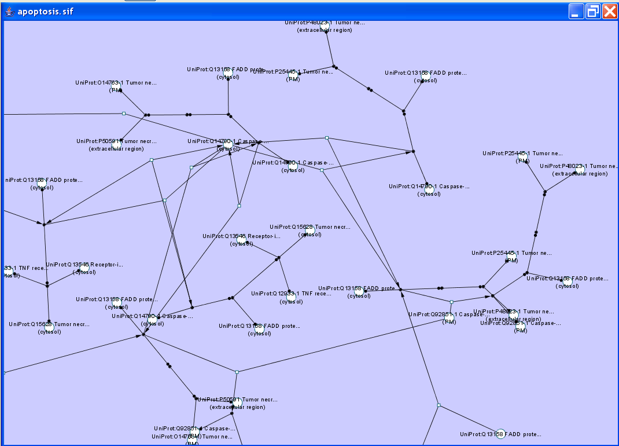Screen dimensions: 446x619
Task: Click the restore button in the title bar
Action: click(x=593, y=12)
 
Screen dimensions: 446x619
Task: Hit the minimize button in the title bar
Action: click(x=576, y=12)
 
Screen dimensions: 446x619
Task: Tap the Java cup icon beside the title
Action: click(x=9, y=11)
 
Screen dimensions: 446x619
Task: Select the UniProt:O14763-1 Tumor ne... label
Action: click(x=116, y=83)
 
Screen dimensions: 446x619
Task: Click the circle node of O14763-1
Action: click(x=116, y=87)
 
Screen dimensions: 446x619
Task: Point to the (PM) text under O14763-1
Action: click(x=116, y=90)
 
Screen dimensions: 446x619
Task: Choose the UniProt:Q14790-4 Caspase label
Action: click(x=152, y=316)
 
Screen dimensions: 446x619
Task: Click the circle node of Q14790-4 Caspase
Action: click(x=152, y=320)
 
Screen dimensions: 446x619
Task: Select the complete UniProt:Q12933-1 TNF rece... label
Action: click(x=291, y=294)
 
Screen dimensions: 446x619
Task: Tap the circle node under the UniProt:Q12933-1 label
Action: click(x=291, y=298)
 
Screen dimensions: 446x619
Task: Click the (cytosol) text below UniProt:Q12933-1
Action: click(x=292, y=302)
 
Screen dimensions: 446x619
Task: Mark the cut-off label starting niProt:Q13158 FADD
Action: click(x=43, y=180)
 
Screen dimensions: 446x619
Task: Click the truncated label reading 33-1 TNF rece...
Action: click(x=27, y=268)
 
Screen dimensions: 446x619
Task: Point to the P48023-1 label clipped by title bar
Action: click(x=325, y=23)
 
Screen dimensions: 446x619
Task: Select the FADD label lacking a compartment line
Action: click(x=501, y=434)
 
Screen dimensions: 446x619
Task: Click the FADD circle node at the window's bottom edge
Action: click(x=500, y=434)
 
